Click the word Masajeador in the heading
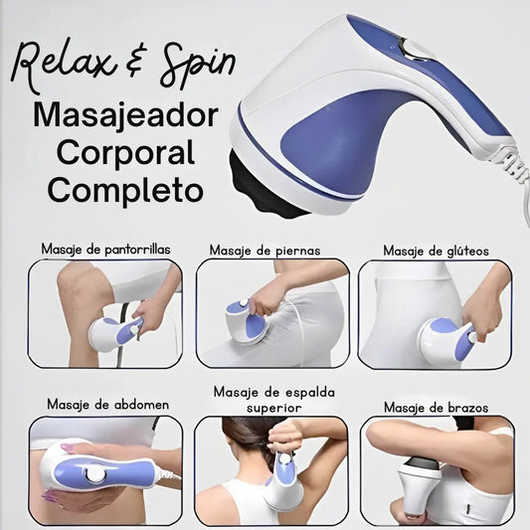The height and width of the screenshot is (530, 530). click(125, 116)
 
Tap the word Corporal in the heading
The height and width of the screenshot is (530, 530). click(125, 153)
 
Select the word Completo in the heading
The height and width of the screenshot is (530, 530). click(125, 190)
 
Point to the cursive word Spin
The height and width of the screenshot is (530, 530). click(198, 66)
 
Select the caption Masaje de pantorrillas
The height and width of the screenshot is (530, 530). click(105, 250)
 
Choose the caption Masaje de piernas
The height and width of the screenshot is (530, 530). click(265, 251)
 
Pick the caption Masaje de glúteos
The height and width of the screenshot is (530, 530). click(437, 251)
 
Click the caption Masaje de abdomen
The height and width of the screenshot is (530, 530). click(107, 405)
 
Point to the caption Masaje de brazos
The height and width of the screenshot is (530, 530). click(437, 408)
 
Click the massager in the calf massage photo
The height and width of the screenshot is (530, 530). click(115, 333)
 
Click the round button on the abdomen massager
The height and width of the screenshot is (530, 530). click(95, 474)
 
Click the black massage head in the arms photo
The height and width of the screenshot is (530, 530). click(424, 462)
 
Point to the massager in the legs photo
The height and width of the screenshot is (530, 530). click(247, 321)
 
